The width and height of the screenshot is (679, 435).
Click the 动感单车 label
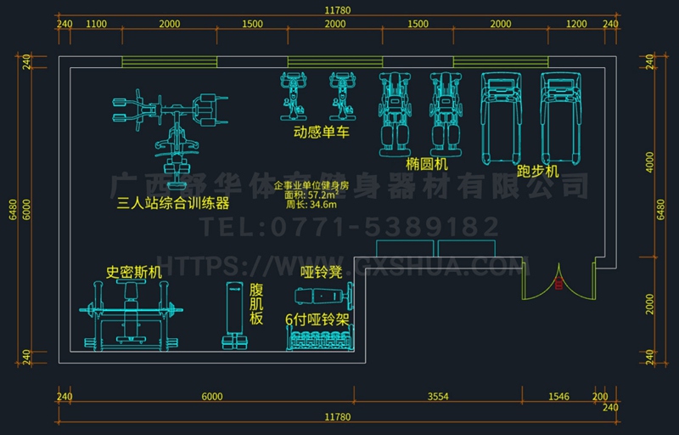(x=322, y=133)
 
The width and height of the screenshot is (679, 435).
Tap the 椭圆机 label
(x=426, y=164)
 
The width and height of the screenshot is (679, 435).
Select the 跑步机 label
(x=538, y=171)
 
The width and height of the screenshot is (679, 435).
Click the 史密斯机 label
(x=133, y=273)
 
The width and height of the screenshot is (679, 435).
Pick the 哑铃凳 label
(x=321, y=273)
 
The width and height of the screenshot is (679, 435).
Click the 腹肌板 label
(x=257, y=304)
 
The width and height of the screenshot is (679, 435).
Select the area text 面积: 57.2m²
(x=311, y=194)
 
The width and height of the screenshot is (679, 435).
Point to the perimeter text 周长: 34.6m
(x=311, y=204)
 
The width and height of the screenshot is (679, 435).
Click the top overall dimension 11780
(x=337, y=9)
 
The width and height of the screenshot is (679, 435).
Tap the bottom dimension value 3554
(x=438, y=397)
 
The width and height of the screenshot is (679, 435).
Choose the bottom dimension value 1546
(x=558, y=397)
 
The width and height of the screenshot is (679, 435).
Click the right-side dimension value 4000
(x=649, y=162)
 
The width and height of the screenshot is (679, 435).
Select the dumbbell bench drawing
(x=322, y=296)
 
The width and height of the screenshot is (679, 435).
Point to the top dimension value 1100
(x=96, y=25)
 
